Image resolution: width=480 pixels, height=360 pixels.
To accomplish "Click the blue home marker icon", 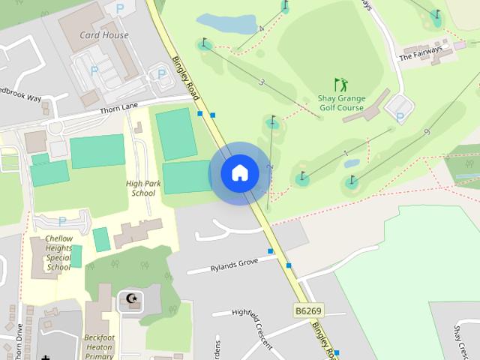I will [x=240, y=173].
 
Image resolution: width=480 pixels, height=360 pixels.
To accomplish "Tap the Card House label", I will [x=104, y=35].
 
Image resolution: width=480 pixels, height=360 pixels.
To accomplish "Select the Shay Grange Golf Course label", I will [x=341, y=103].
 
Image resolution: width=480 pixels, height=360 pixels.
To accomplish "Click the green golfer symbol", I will [x=341, y=85].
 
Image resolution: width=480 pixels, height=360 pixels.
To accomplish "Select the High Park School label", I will [x=141, y=188].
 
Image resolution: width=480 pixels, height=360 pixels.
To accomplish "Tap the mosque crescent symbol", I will [x=133, y=300].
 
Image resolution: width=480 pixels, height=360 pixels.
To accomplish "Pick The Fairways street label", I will [x=420, y=52].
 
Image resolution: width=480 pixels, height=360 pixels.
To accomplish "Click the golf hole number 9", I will [x=426, y=132].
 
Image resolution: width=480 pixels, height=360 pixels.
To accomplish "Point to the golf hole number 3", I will [x=262, y=82].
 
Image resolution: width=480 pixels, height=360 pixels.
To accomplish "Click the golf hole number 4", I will [x=261, y=29].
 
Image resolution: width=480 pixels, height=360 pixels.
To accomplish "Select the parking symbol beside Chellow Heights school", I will [x=62, y=221].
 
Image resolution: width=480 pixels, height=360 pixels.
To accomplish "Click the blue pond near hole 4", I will [x=226, y=24].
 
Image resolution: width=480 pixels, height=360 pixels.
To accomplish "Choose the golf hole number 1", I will [x=346, y=154].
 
